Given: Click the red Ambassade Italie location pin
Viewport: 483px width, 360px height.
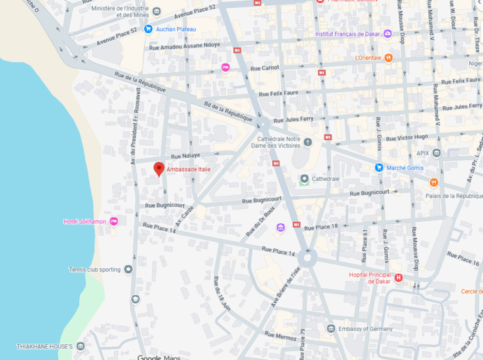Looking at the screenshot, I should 159,169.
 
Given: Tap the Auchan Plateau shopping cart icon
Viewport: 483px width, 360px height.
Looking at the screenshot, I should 148,29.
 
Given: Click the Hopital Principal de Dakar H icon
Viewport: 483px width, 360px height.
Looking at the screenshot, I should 398,278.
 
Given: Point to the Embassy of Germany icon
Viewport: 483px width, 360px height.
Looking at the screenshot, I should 331,329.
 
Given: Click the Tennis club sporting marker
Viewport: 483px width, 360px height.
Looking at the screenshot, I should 128,270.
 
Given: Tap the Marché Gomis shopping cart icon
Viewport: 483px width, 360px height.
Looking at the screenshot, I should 379,168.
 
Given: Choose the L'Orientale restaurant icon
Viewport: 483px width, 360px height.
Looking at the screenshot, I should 389,58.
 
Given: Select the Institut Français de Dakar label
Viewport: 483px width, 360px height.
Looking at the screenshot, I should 348,33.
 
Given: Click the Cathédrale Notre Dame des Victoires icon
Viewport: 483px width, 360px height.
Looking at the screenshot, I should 308,142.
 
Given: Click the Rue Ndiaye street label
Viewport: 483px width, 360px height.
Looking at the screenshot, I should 186,156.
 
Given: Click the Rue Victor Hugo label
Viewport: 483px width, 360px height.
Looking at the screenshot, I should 408,136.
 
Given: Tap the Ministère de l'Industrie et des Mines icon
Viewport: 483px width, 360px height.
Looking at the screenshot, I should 157,11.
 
